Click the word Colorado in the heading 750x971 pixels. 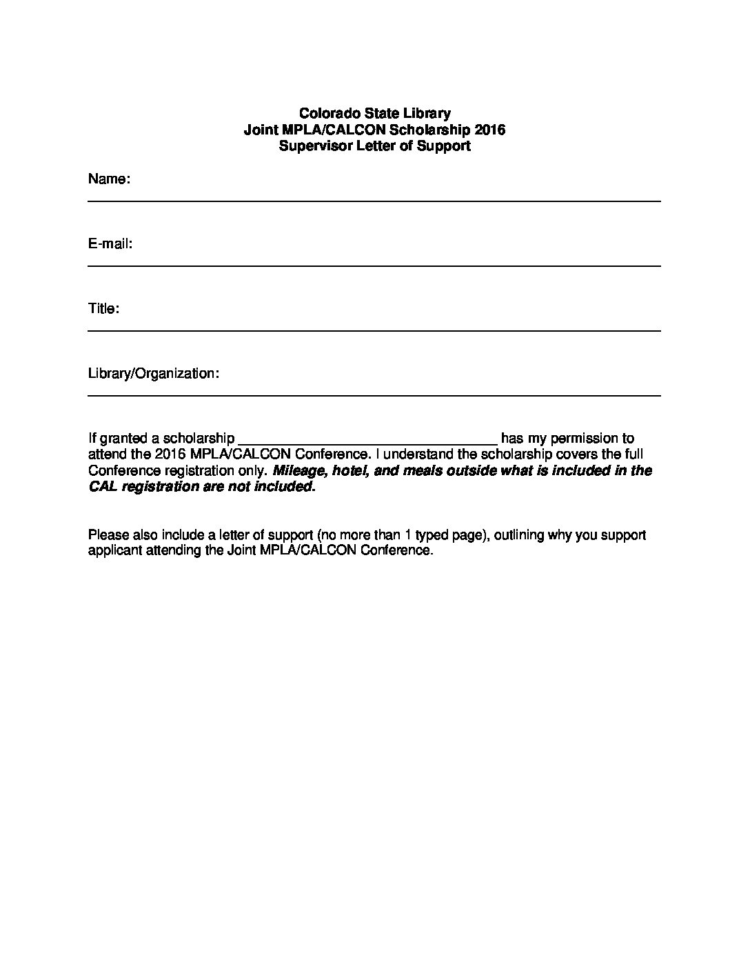pyautogui.click(x=325, y=113)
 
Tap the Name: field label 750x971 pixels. pyautogui.click(x=109, y=180)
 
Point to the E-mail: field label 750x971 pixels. pyautogui.click(x=110, y=244)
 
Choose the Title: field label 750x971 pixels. pyautogui.click(x=104, y=309)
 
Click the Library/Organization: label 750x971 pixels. pyautogui.click(x=154, y=374)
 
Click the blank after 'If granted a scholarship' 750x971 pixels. pyautogui.click(x=367, y=439)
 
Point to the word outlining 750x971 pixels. pyautogui.click(x=520, y=535)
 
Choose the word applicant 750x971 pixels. pyautogui.click(x=114, y=551)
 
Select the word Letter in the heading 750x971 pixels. pyautogui.click(x=378, y=146)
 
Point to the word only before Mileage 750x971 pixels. pyautogui.click(x=254, y=471)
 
